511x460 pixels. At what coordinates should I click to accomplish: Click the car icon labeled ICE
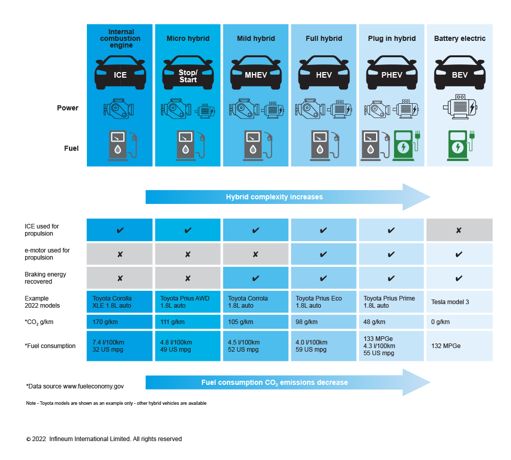tap(120, 73)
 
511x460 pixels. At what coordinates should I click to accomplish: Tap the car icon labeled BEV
tap(459, 73)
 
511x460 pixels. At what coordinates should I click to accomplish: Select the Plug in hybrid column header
tap(392, 38)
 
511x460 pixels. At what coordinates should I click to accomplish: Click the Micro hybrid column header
tap(188, 38)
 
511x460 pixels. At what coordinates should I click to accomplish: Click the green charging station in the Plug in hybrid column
tap(405, 146)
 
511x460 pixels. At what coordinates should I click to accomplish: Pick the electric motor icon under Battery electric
tap(459, 107)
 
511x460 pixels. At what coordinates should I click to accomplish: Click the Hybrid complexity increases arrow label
tap(274, 197)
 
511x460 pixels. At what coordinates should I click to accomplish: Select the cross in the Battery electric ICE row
tap(459, 231)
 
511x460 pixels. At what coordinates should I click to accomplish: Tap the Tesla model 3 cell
tap(450, 302)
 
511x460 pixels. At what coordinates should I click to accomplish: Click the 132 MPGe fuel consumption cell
tap(446, 346)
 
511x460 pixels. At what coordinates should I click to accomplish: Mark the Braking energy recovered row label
tap(45, 278)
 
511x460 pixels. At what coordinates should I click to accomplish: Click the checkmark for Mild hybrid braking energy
tap(255, 279)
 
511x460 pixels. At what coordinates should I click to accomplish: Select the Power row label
tap(68, 108)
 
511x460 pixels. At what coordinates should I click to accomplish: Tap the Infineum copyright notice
tap(104, 439)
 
